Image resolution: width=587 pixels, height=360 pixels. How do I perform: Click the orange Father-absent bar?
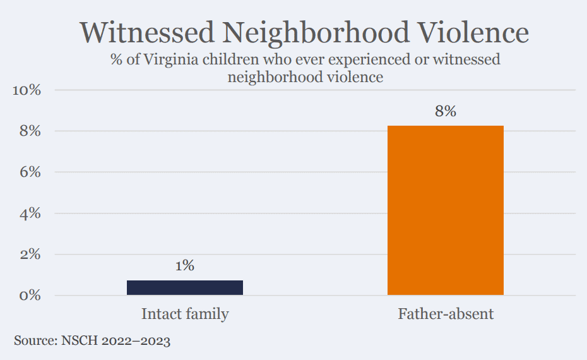click(445, 210)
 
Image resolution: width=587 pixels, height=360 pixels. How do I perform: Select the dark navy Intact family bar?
click(185, 287)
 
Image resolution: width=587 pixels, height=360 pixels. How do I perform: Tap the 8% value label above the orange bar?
click(445, 112)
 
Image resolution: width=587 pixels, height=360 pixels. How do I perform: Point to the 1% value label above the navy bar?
click(185, 266)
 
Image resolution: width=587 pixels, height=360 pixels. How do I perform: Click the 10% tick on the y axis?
click(27, 90)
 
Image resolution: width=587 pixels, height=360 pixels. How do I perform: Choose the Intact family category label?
click(185, 314)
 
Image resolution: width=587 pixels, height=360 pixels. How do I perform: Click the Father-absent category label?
click(446, 314)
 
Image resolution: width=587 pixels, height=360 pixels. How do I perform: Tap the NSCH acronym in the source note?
click(78, 341)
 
